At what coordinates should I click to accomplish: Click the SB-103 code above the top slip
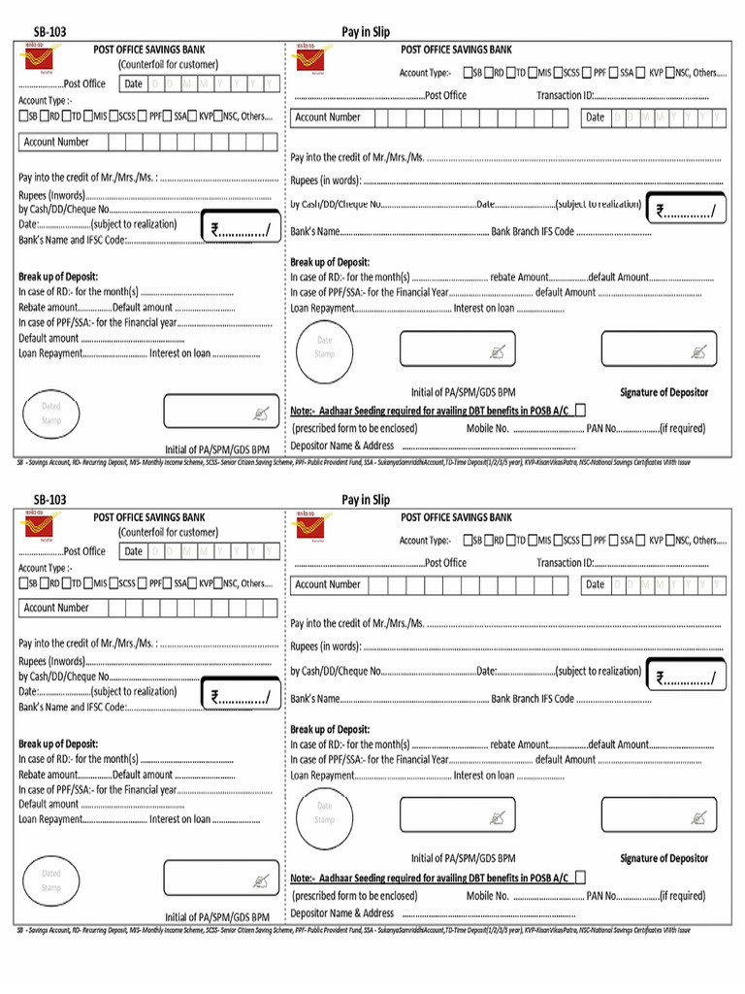click(50, 32)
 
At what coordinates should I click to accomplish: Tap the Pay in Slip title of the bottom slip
click(365, 500)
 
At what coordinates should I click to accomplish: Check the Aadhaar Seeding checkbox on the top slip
click(580, 410)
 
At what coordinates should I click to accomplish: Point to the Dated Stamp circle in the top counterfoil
click(50, 413)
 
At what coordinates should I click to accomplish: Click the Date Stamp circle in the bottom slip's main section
click(324, 812)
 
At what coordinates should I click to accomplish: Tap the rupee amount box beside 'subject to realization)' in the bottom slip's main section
click(689, 678)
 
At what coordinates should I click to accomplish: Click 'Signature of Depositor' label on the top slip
click(664, 392)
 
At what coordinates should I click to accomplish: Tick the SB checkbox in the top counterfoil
click(23, 117)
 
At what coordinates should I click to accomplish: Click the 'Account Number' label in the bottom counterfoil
click(56, 608)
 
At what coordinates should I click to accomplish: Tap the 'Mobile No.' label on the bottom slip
click(487, 896)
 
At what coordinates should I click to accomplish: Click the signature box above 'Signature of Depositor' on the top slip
click(660, 349)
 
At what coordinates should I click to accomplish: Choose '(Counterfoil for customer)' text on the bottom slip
click(168, 532)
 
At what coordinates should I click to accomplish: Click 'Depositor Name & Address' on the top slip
click(342, 446)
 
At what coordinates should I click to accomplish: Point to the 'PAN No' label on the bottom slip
click(601, 896)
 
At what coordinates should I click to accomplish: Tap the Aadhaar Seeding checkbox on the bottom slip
click(580, 877)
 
